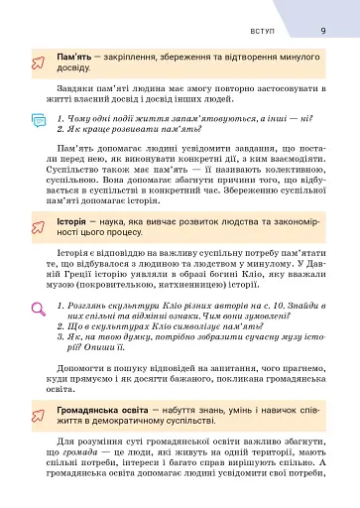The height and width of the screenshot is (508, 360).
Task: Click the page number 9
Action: tap(323, 30)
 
